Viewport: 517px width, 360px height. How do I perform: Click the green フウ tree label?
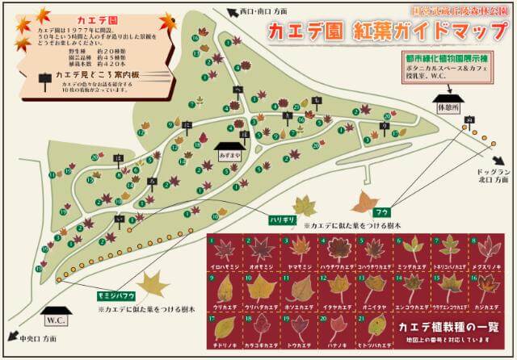pos(359,213)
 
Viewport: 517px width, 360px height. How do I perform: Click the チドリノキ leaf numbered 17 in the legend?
pos(224,328)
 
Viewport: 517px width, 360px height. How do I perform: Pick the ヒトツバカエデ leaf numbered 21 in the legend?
pos(376,327)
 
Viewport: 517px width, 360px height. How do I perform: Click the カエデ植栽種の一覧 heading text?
pos(450,326)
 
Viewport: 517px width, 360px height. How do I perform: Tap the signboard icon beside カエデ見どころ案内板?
pos(45,77)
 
